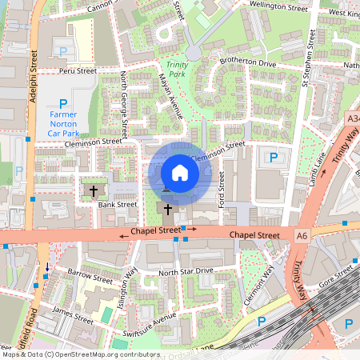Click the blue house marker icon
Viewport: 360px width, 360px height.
tap(179, 173)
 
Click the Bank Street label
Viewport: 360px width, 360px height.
tap(118, 205)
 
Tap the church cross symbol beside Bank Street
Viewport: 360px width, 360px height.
tap(94, 191)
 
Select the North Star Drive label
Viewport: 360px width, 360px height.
tap(186, 272)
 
